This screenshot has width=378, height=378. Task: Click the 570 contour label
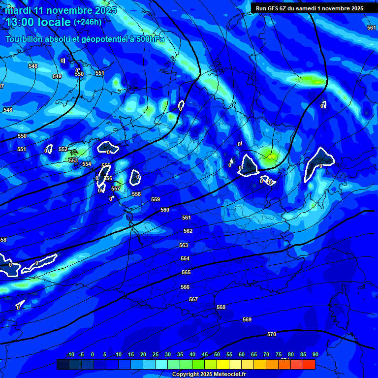(271, 334)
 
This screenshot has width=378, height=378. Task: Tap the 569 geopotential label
(247, 319)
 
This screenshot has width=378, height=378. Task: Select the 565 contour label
(186, 272)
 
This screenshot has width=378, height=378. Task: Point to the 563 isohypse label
(184, 245)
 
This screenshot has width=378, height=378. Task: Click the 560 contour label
(165, 210)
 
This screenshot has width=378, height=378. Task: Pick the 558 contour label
(136, 194)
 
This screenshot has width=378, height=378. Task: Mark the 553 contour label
(73, 160)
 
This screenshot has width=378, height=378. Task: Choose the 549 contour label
(57, 76)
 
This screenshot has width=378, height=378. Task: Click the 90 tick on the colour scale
(315, 354)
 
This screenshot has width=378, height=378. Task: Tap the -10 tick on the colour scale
(70, 354)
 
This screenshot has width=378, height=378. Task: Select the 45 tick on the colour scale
(204, 354)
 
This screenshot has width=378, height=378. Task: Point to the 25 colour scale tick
(155, 354)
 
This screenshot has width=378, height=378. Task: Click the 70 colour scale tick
(266, 354)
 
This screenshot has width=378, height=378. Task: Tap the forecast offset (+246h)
(88, 22)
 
